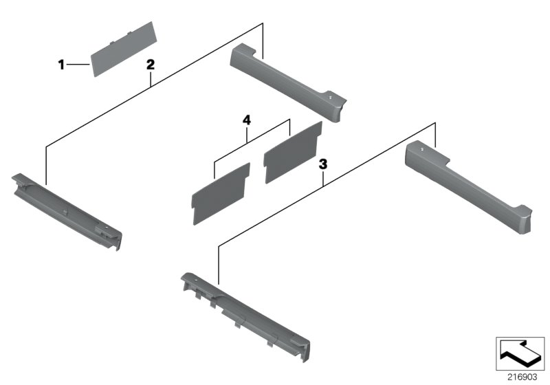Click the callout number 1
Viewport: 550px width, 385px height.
61,65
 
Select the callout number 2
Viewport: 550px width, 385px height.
150,65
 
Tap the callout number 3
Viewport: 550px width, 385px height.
322,164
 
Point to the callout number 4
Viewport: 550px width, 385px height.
247,120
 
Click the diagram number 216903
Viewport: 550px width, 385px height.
522,377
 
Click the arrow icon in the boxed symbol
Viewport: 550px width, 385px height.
520,353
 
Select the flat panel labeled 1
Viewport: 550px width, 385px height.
124,49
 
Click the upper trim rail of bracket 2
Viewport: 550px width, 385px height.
288,82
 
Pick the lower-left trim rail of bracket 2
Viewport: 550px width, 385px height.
67,212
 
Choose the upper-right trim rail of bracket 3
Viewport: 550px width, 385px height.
469,186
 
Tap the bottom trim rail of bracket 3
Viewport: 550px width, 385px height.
245,317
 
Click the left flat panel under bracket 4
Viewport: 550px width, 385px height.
221,194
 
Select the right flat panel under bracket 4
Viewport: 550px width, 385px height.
293,153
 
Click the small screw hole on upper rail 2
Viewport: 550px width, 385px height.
330,98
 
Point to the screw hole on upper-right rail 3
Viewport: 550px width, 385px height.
422,149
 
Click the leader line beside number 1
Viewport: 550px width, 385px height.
78,65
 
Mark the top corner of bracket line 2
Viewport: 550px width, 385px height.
263,23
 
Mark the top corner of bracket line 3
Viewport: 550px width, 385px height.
435,123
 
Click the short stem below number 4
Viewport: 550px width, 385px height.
247,134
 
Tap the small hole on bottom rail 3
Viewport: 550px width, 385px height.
195,281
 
